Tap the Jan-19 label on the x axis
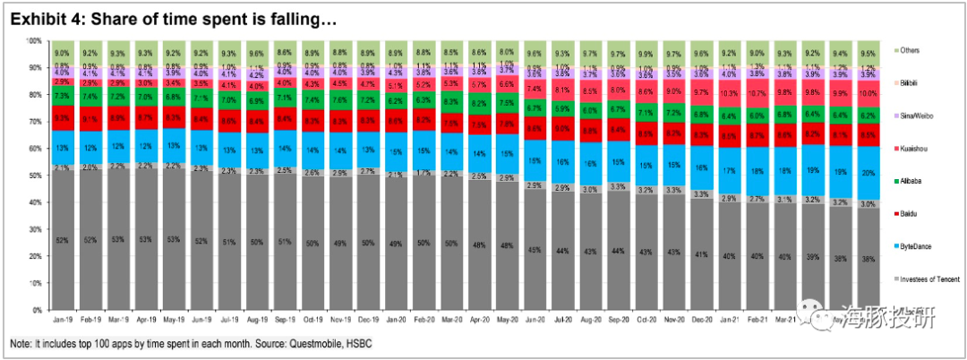pos(63,319)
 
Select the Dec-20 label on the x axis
pos(702,319)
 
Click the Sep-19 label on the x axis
pos(284,319)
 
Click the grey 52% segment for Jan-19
pos(63,240)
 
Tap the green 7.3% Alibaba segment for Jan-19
pos(63,95)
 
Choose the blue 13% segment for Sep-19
pos(284,147)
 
